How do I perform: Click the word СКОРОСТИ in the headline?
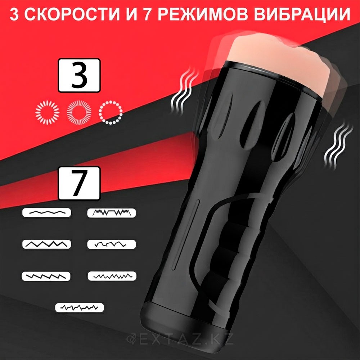pos(72,14)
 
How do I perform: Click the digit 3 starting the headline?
pos(14,14)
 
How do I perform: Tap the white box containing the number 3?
pos(79,75)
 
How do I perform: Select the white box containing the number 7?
pos(79,183)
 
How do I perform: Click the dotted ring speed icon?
pos(111,112)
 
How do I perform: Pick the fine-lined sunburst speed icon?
pos(79,112)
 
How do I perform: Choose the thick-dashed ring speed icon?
pos(47,112)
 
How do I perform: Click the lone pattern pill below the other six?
pos(80,307)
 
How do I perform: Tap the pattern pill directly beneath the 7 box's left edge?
pos(46,213)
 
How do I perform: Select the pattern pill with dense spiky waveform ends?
pos(111,213)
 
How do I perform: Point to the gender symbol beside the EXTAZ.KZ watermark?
pos(131,339)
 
